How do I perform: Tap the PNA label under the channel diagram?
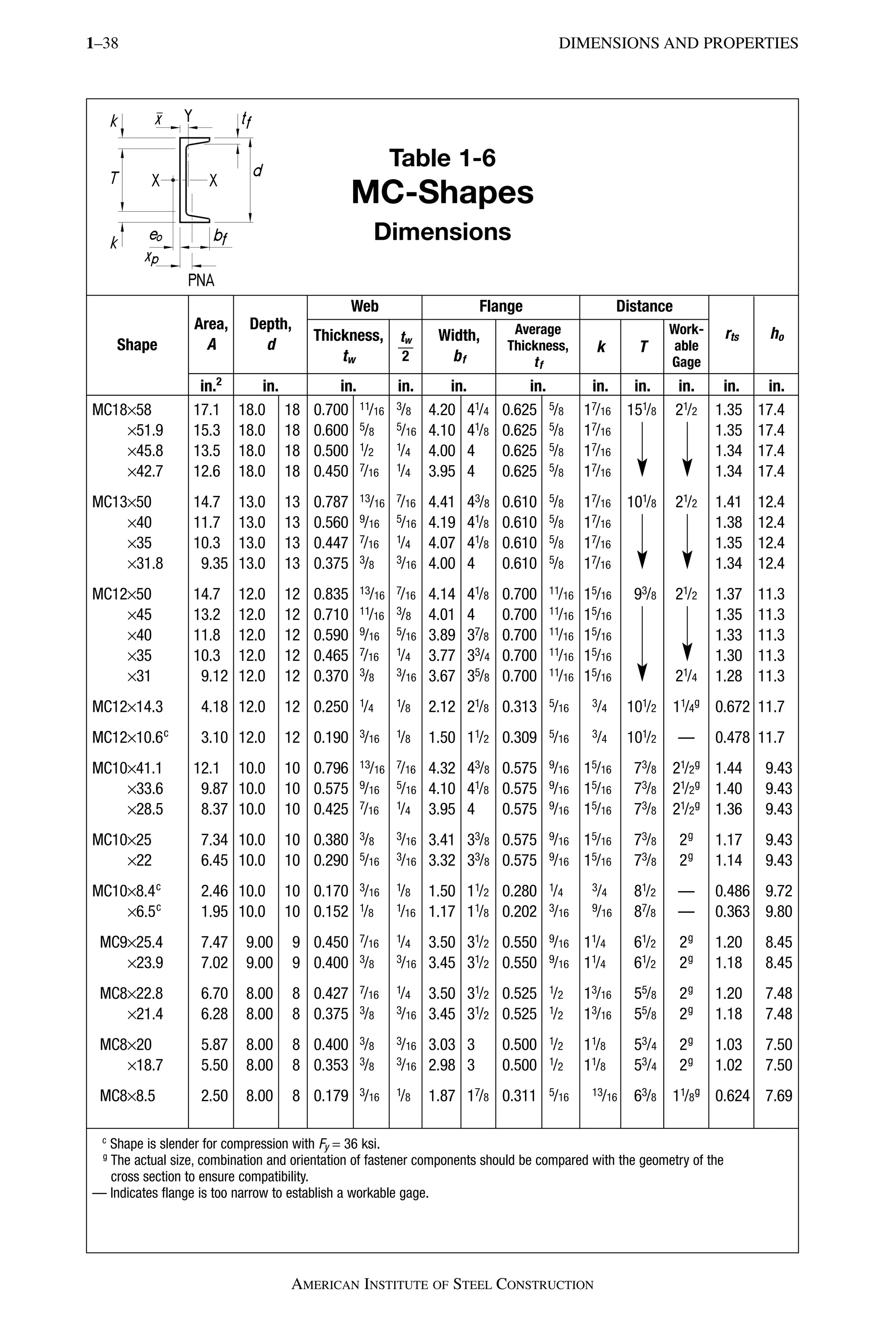(201, 280)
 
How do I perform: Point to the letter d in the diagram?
(258, 170)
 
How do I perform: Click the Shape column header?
(137, 345)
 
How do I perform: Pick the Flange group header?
(501, 306)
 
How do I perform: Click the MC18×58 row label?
(122, 410)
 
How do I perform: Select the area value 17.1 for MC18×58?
(207, 410)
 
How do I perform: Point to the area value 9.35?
(214, 563)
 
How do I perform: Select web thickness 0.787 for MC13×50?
(331, 502)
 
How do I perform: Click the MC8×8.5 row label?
(127, 1095)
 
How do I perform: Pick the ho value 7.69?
(779, 1095)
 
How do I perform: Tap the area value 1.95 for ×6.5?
(214, 911)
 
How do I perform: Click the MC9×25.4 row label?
(131, 942)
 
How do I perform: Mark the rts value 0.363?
(732, 911)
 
